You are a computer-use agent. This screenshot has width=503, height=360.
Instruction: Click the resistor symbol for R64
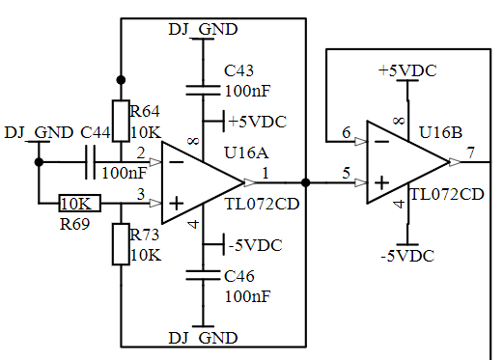point(121,121)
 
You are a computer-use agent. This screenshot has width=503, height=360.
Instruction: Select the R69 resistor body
point(79,204)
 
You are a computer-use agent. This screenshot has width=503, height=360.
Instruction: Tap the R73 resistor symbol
point(121,244)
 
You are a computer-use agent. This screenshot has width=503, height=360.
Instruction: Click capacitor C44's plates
point(91,162)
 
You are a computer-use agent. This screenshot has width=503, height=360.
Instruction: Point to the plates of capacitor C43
point(203,90)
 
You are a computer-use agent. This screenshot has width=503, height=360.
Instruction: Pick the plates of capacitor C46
point(203,275)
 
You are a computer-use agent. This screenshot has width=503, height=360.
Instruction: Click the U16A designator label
point(246,152)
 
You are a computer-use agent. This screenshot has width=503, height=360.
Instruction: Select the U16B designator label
point(440,132)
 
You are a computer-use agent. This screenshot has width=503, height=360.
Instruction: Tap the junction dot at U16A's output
point(306,182)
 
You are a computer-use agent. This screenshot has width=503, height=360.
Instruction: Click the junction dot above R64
point(121,80)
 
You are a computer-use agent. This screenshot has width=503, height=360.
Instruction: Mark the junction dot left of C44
point(39,162)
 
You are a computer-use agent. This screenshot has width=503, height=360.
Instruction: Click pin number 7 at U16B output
point(471,152)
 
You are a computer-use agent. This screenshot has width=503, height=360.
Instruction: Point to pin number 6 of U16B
point(347,132)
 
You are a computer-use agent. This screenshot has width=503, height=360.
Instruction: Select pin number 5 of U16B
point(347,174)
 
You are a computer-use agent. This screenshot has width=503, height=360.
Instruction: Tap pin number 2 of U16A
point(141,153)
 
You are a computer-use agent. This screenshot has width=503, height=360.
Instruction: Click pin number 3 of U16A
point(141,194)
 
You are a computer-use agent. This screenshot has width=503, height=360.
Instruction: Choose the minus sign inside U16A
point(176,162)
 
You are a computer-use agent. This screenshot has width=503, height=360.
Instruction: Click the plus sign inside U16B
point(381,183)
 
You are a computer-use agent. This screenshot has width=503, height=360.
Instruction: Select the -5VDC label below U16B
point(407,256)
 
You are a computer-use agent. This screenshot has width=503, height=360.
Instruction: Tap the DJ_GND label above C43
point(203,29)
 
